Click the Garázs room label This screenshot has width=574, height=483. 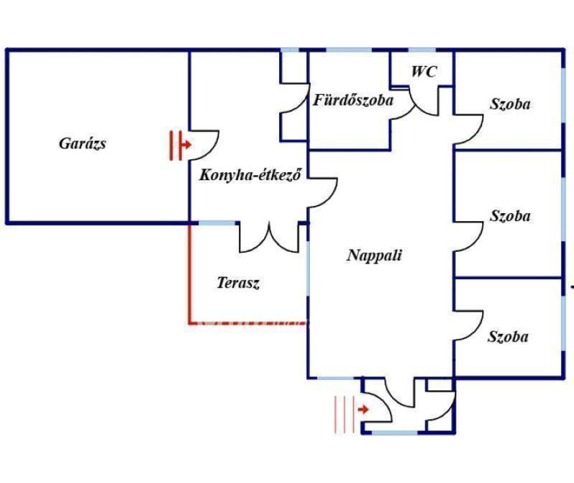pos(82,144)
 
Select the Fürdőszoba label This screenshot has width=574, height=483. pos(353,101)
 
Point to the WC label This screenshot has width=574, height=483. pos(423,71)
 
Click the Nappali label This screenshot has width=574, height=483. pos(375,256)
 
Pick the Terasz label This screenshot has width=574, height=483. pos(238,283)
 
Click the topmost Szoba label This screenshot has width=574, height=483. pos(510,104)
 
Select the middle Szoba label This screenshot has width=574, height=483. pos(510,216)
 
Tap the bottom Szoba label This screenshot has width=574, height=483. pos(508,337)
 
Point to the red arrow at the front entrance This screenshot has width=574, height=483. pos(363,410)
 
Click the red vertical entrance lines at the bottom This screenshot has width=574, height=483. pos(343,414)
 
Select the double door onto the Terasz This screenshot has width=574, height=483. pos(269,238)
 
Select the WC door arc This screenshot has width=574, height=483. pos(426,104)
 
